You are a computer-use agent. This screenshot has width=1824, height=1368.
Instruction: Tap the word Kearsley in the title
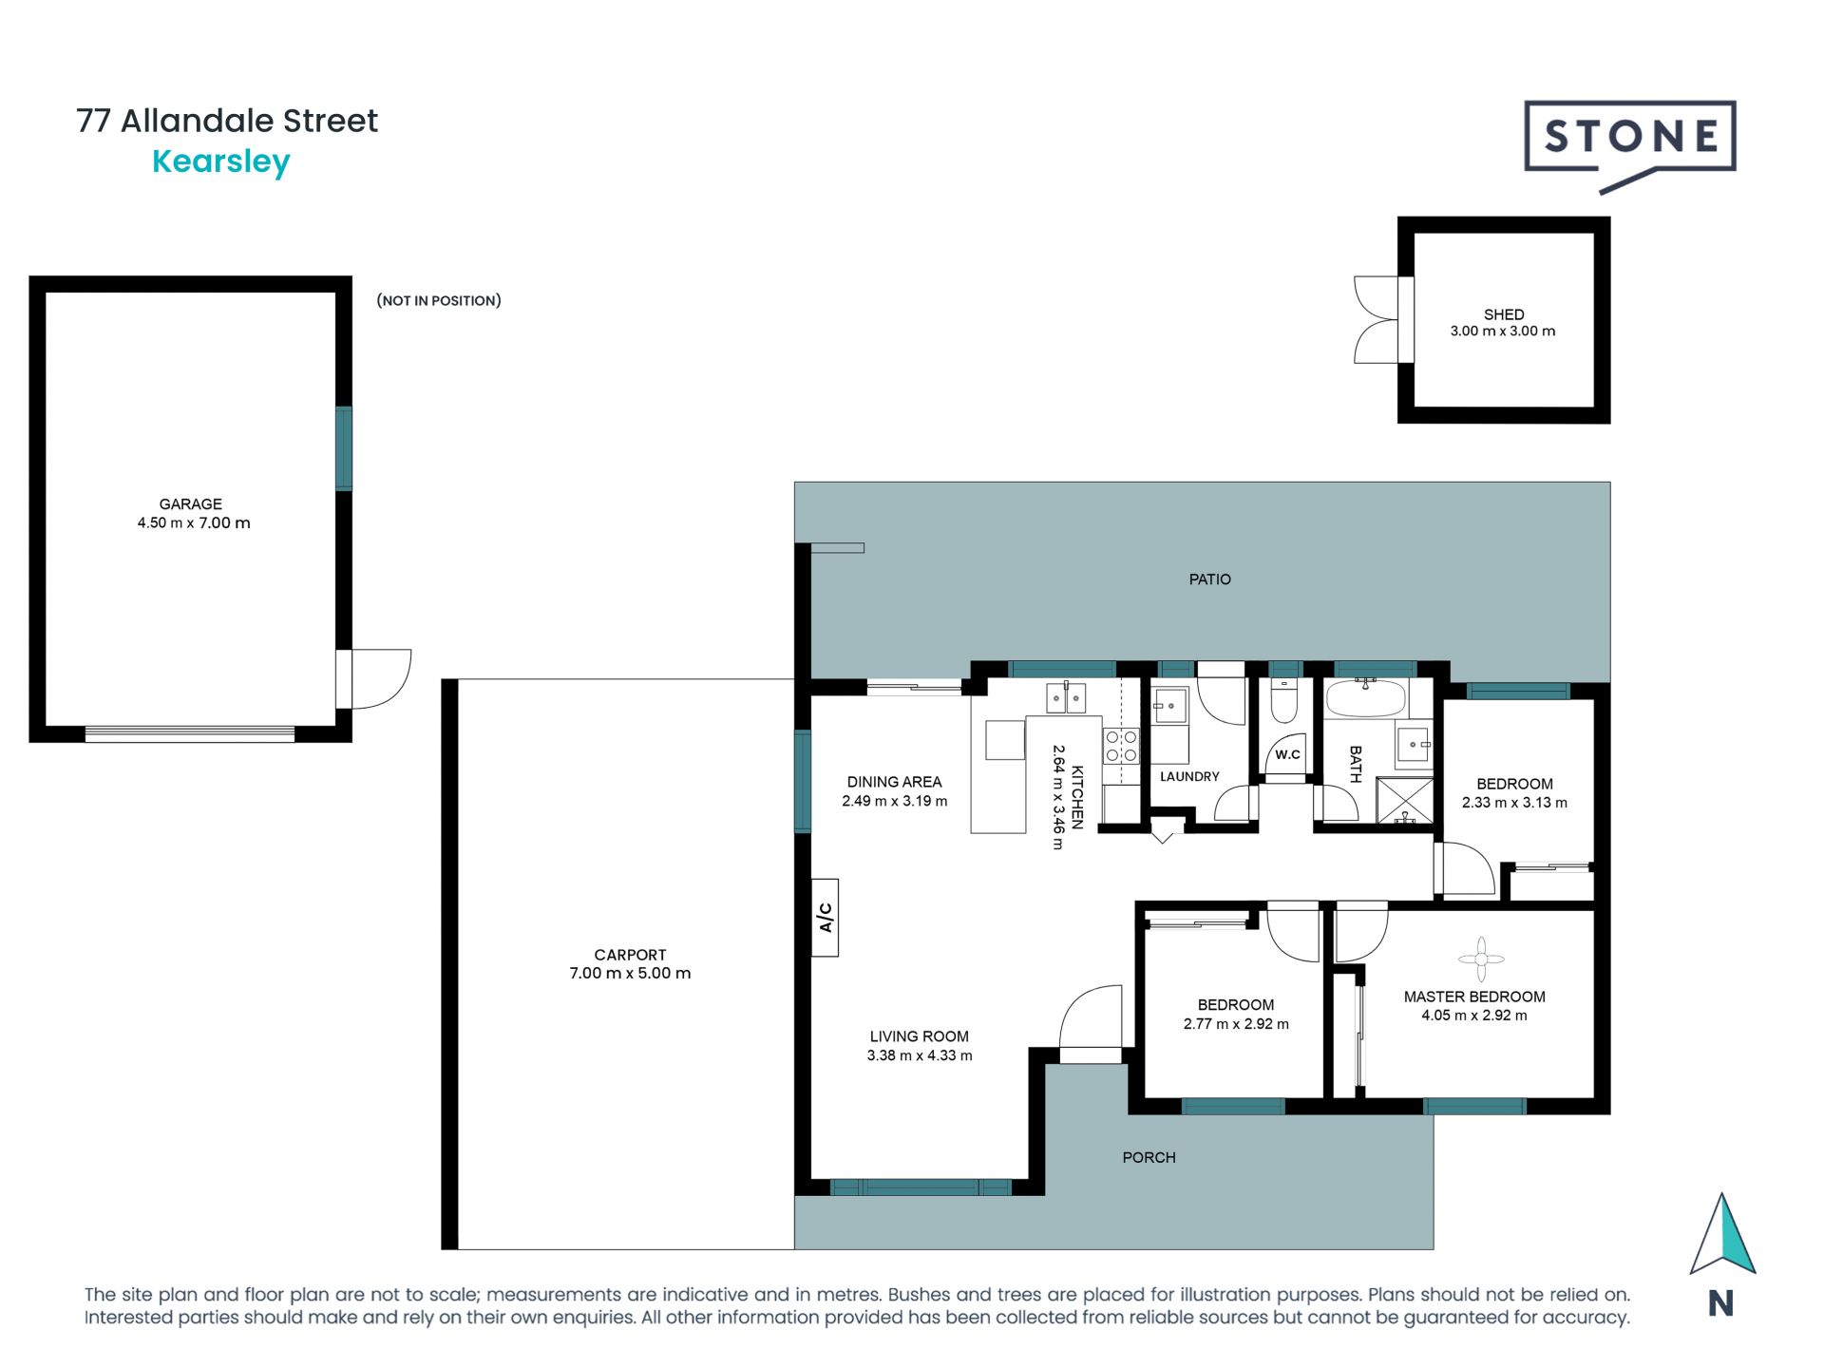[220, 161]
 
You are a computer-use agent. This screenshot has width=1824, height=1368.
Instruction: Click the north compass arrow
[1721, 1235]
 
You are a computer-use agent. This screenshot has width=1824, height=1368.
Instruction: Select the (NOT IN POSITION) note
[439, 300]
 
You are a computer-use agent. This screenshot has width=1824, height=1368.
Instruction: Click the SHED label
[1503, 314]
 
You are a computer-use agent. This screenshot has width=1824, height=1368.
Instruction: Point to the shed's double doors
[1376, 320]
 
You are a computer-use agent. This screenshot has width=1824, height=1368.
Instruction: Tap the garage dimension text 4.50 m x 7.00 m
[194, 522]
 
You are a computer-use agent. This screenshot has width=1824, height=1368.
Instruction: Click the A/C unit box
[825, 917]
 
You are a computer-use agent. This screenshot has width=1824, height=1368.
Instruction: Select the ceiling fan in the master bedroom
[1480, 959]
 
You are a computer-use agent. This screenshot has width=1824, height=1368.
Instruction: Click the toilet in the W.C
[1283, 702]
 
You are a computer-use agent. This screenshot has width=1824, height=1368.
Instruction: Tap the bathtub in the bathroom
[1365, 699]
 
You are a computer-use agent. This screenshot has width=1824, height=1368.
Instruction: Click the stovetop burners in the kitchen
[1121, 746]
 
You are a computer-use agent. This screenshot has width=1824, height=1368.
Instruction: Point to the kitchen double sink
[1066, 698]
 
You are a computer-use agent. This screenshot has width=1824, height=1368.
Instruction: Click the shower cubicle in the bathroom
[1404, 800]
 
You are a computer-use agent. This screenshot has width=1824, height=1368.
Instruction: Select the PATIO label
[1209, 579]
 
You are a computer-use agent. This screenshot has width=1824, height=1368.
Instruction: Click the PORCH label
[1149, 1157]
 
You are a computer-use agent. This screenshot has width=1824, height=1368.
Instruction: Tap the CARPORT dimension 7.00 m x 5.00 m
[630, 973]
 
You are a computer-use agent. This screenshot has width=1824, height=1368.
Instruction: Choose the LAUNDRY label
[1189, 776]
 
